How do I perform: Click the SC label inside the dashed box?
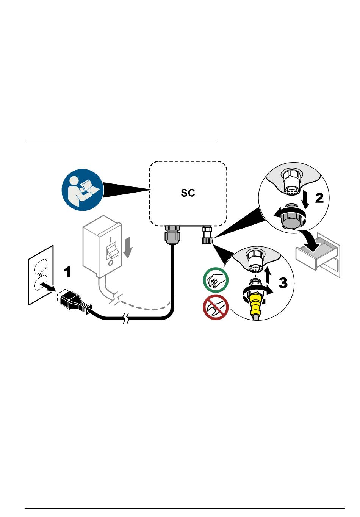pos(188,193)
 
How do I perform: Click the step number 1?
pos(67,271)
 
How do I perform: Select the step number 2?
pos(319,198)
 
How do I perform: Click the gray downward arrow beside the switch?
pos(129,247)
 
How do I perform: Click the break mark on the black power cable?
pos(127,320)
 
